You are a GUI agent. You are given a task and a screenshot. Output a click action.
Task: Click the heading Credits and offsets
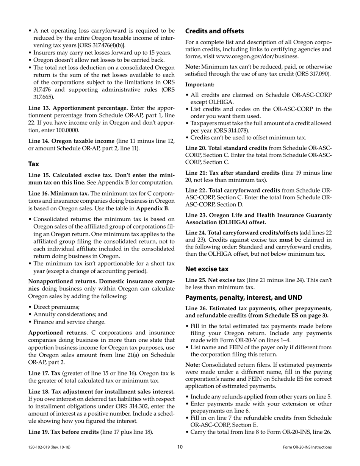point(214,31)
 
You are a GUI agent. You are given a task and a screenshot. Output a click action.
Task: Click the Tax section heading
point(34,164)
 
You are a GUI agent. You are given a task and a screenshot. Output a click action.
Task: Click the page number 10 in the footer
point(180,447)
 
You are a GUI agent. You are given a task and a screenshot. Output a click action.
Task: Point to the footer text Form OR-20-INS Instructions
point(307,447)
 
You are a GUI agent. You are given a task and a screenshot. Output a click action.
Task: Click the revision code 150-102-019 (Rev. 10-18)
point(49,447)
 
